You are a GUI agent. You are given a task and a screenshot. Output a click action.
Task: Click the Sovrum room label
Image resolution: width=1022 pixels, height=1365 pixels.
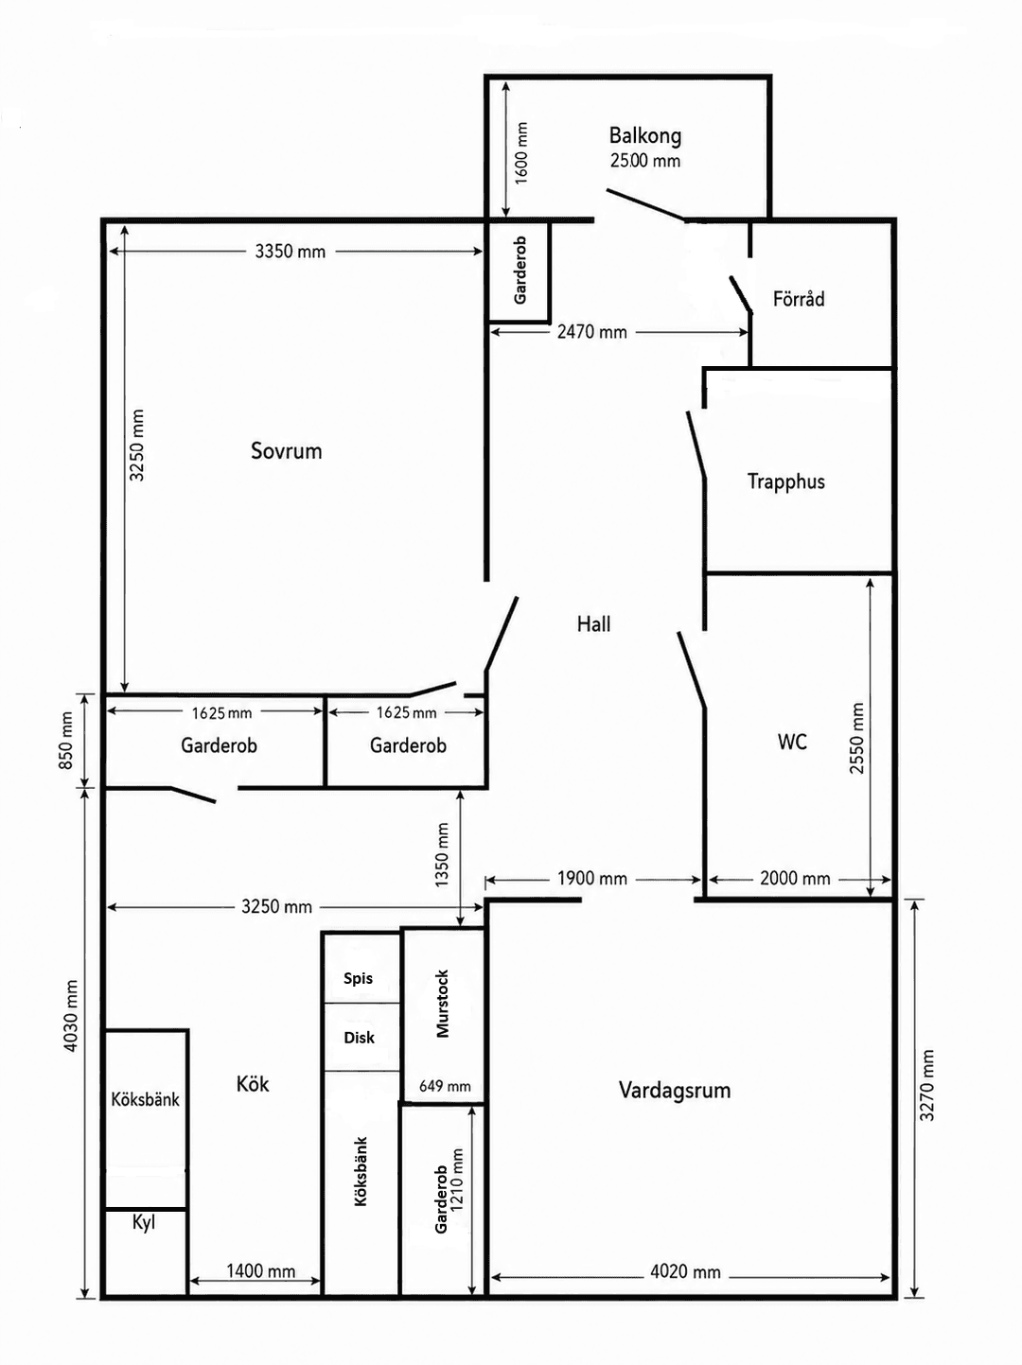(286, 451)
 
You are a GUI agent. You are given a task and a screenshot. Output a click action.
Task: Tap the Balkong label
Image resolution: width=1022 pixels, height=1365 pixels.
(645, 135)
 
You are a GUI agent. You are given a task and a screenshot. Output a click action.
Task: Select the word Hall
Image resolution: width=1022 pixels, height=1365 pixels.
(593, 623)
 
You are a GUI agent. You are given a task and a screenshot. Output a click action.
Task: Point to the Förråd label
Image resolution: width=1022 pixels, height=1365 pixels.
(799, 299)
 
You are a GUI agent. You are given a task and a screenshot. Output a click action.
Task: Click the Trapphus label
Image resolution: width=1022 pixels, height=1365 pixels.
(785, 481)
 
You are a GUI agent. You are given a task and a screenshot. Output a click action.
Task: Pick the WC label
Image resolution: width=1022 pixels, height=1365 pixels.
(792, 742)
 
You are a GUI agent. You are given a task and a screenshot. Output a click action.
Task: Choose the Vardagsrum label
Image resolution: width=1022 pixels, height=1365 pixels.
(675, 1090)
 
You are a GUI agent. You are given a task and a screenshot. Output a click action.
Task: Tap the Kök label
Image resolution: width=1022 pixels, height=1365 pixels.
(253, 1084)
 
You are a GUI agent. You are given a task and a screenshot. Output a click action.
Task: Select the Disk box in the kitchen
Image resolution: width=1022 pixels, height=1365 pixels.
(361, 1037)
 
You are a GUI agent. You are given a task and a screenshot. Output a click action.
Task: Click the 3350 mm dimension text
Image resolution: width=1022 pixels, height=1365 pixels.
(290, 252)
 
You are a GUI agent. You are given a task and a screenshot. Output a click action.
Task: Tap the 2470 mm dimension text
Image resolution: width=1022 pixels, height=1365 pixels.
(591, 332)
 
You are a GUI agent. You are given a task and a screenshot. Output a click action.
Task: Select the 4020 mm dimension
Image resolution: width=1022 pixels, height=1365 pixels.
(685, 1272)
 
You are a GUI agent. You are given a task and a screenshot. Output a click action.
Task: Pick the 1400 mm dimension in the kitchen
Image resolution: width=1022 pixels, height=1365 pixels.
(260, 1271)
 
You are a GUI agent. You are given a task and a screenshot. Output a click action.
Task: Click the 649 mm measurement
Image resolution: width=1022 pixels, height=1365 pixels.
(445, 1086)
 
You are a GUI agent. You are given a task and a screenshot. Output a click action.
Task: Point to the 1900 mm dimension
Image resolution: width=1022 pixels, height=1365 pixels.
(591, 879)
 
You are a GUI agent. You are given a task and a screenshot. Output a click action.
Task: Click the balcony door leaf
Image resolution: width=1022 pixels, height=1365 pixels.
(645, 204)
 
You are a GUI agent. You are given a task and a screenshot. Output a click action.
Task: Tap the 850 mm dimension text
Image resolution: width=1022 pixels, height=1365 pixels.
(66, 740)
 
